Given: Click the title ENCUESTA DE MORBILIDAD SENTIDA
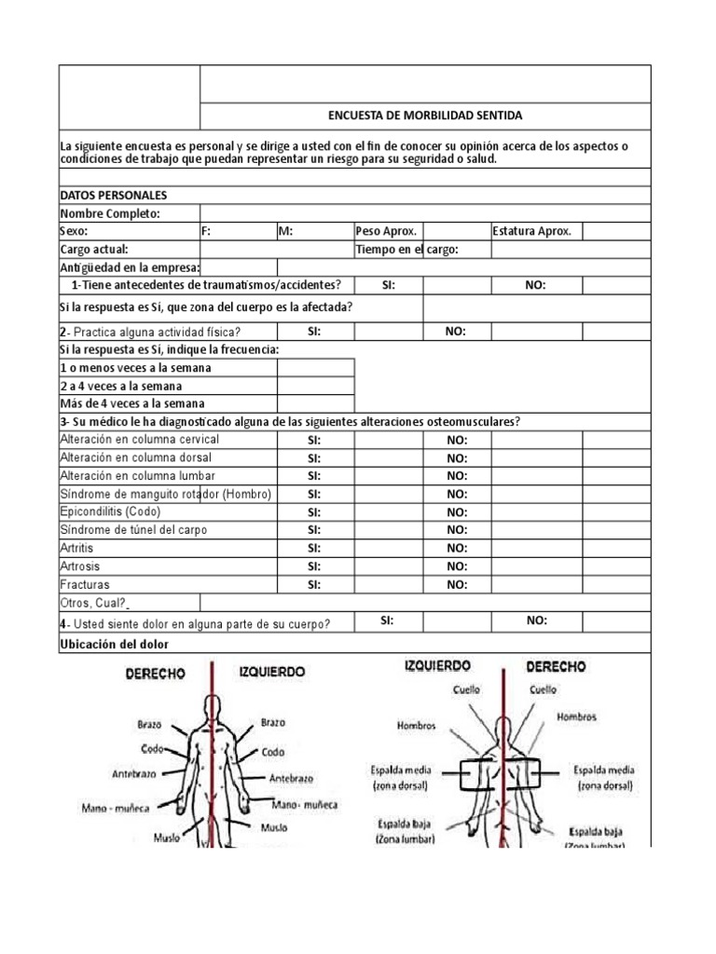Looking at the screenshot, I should coord(425,116).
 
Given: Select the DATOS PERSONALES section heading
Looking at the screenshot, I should coord(113,196).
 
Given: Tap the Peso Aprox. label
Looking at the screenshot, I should coord(386,232).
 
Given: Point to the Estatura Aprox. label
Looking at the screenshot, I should coord(531,232).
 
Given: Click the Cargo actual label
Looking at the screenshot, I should coord(94,250).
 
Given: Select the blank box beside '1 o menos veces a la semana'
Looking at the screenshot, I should coord(315,368).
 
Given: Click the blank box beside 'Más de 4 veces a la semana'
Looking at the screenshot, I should coord(315,404).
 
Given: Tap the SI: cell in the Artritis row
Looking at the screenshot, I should coord(314,549).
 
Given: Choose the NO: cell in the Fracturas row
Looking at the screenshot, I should coord(457,585).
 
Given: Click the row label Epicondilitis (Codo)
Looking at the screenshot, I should coord(110,512).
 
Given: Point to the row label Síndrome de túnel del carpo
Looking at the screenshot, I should coord(133,530).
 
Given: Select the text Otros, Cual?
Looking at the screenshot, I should coord(94,603).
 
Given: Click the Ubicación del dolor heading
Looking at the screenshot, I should coord(115,645).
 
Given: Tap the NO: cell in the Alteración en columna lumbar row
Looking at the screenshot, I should coord(457,476).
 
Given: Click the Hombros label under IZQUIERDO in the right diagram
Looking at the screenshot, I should coord(416,726).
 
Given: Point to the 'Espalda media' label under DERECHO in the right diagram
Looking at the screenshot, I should coord(603,770).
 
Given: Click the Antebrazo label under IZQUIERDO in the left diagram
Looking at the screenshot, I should coord(291,778).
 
